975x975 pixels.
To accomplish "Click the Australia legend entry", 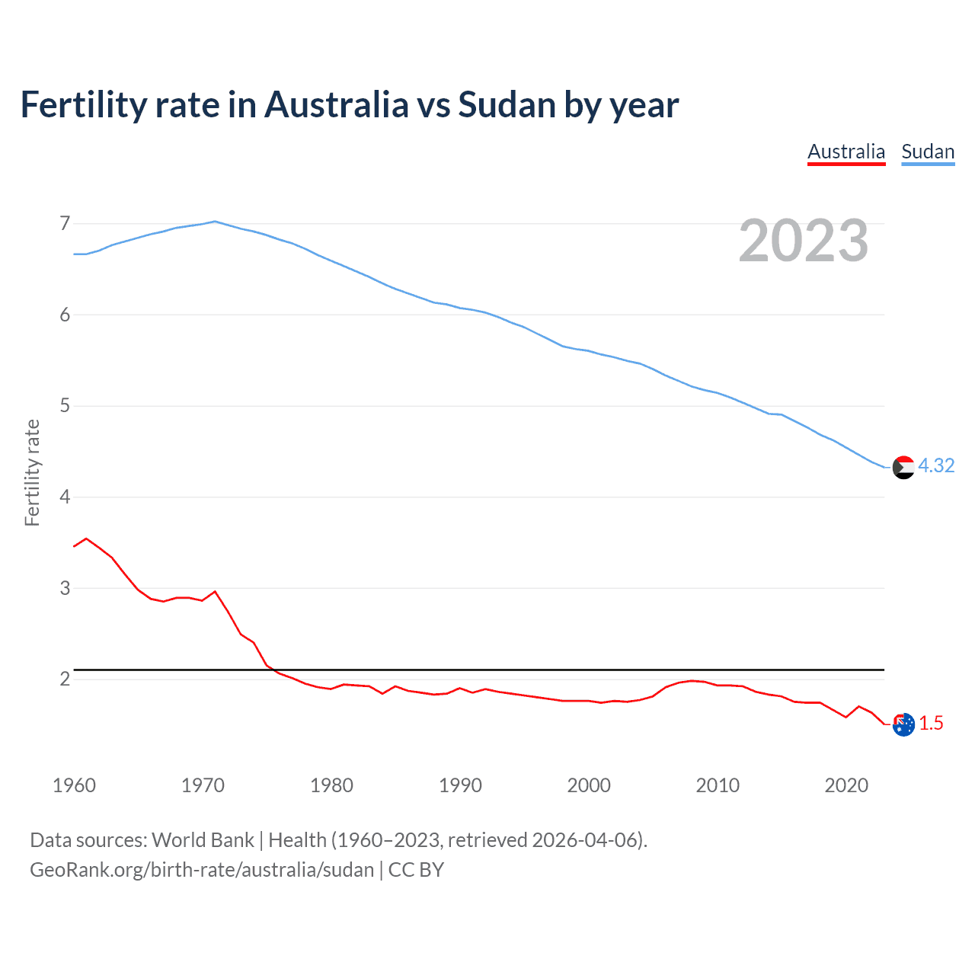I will [x=846, y=152].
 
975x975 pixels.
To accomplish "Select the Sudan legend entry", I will [x=927, y=152].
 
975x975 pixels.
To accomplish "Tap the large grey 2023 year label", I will [x=803, y=241].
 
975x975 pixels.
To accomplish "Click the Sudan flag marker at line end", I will [x=903, y=467].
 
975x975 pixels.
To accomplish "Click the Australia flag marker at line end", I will [x=903, y=724].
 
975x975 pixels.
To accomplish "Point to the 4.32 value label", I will [x=936, y=465].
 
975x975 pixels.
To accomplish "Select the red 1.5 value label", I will [x=931, y=723].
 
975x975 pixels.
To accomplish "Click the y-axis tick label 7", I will [x=65, y=223].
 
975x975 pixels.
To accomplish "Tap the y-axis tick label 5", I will [x=65, y=405].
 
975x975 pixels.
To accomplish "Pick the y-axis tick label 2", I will [x=65, y=679].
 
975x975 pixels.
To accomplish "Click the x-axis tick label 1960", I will [x=74, y=785].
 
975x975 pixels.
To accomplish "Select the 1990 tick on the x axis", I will [x=460, y=785].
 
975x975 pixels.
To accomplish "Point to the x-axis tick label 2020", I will [x=846, y=785].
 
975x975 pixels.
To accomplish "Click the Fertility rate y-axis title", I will [x=32, y=472].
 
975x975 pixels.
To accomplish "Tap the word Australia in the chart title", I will [x=336, y=105].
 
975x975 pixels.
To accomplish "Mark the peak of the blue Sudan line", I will [x=215, y=221].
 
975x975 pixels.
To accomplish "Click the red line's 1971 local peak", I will [x=215, y=591].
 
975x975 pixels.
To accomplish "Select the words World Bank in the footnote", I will [x=203, y=840].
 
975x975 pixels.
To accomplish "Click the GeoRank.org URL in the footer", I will [x=202, y=870].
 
